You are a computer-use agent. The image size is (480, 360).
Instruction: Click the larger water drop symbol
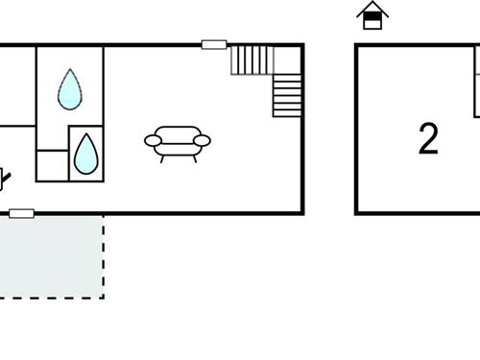coord(69,88)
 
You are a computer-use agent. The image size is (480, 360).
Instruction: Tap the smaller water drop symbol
coord(86,154)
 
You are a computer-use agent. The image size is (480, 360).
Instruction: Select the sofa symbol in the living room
coord(178,142)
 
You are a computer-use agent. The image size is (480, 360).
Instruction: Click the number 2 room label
coord(428,140)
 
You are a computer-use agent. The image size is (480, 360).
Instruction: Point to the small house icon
coord(372,16)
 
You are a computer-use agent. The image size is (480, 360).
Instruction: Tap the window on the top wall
coord(214,44)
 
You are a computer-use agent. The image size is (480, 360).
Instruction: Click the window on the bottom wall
coord(21,213)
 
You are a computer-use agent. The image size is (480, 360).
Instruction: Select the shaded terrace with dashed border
coord(53,254)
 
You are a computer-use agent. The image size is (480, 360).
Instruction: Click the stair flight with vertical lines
coord(252,60)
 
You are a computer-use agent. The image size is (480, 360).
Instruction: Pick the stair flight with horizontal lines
coord(287,96)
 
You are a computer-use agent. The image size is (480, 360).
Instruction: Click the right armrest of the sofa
coord(202,141)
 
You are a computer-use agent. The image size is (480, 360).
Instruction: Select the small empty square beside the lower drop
coord(52,164)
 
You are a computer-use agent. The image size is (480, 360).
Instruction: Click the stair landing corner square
coord(288,60)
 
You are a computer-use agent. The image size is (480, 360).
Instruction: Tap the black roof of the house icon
coord(372,9)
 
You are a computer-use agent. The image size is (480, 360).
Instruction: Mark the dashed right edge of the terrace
coord(103,255)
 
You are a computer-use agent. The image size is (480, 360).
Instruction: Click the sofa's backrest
coord(178,133)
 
